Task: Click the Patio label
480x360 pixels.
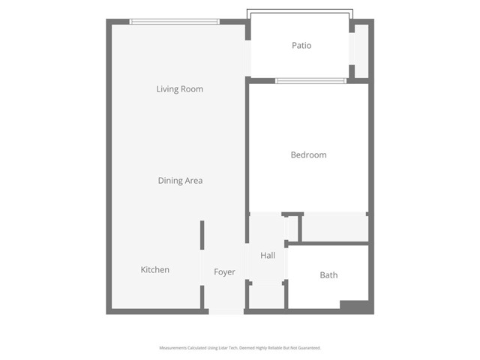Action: point(301,46)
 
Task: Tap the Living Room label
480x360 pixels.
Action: point(179,89)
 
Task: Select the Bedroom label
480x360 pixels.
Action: point(308,155)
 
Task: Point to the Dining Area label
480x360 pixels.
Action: point(180,181)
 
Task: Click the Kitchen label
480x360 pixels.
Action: point(155,270)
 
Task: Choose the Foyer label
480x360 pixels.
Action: point(224,272)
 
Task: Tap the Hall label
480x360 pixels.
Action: point(268,256)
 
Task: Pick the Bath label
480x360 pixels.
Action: point(328,275)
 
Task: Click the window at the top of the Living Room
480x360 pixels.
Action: point(175,21)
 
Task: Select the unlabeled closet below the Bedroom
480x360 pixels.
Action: point(334,227)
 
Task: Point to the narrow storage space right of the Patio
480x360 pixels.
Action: point(361,51)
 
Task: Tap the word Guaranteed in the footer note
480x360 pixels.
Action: point(307,348)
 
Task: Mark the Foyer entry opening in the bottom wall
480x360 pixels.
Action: point(226,311)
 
